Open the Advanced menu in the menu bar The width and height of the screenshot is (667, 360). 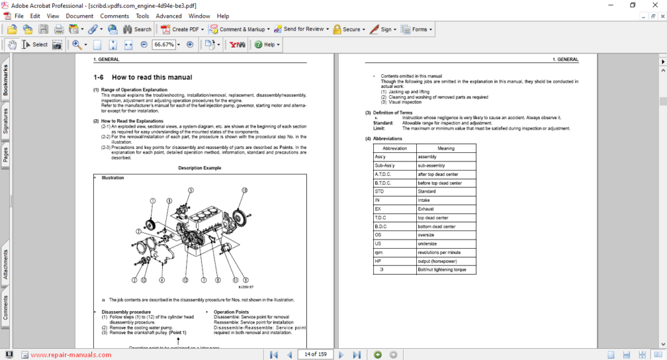pyautogui.click(x=169, y=16)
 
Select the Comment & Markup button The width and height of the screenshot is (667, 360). pyautogui.click(x=237, y=29)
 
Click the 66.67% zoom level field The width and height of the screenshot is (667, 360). pyautogui.click(x=163, y=44)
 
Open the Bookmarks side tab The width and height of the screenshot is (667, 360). pyautogui.click(x=5, y=80)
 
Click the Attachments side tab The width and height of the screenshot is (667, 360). pyautogui.click(x=5, y=264)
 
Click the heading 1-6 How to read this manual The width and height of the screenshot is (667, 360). pyautogui.click(x=143, y=77)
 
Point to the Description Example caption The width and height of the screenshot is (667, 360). pyautogui.click(x=199, y=168)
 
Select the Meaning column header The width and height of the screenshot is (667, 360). pyautogui.click(x=446, y=148)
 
